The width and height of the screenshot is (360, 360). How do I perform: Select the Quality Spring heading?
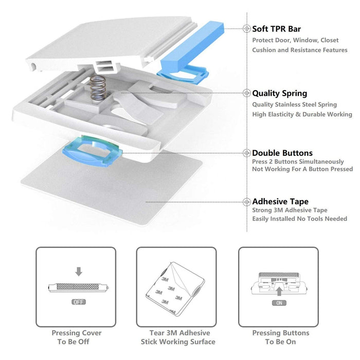[279, 93]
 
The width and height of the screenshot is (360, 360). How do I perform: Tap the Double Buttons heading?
[282, 153]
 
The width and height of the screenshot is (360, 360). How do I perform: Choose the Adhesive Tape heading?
[280, 202]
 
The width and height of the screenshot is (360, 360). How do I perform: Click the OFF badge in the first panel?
[78, 302]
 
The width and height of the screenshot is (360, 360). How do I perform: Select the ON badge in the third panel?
[278, 303]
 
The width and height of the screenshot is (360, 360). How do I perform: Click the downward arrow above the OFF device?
[79, 271]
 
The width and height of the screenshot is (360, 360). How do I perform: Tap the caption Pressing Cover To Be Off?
[76, 337]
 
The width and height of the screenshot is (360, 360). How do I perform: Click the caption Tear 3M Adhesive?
[178, 333]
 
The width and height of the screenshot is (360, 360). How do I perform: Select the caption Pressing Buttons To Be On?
[281, 337]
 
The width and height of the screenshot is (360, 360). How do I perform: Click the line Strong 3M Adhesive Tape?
[290, 210]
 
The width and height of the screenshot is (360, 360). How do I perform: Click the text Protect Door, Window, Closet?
[296, 40]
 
